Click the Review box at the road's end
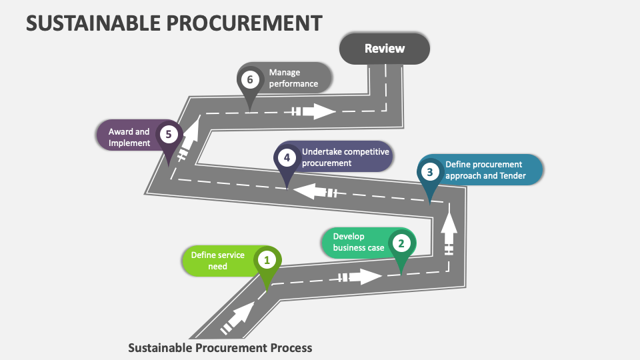[384, 49]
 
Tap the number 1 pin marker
[267, 260]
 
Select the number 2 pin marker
[401, 243]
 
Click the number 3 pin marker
[430, 172]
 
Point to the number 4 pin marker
[286, 158]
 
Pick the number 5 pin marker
[168, 135]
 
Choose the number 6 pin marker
[249, 80]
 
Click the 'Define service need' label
[217, 261]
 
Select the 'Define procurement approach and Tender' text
[485, 170]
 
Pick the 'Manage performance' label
[293, 78]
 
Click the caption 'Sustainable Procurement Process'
[219, 347]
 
